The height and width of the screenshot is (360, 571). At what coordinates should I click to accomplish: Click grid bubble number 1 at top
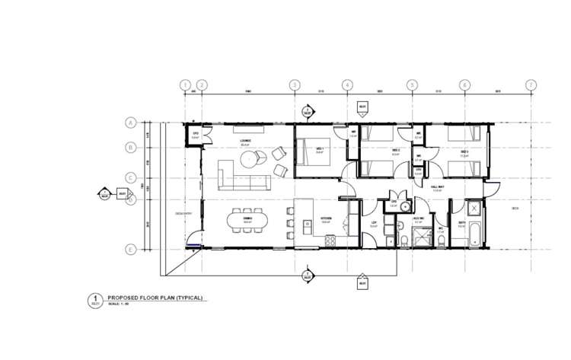point(184,84)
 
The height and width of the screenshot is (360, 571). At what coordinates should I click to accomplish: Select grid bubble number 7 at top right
point(531,84)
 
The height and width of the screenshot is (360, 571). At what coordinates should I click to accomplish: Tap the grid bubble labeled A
point(130,123)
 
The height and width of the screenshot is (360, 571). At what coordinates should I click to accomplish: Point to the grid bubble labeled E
point(130,249)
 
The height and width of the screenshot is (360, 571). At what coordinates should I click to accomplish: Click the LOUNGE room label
point(246,141)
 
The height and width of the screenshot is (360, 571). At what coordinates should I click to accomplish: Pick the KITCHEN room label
point(326,218)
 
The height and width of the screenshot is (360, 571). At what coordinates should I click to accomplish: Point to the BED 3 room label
point(464,151)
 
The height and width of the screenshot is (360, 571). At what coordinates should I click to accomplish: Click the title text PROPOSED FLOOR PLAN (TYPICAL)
point(155,298)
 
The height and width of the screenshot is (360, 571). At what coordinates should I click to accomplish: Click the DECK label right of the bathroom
point(515,208)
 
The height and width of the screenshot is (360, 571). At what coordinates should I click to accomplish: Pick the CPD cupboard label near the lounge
point(196,135)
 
